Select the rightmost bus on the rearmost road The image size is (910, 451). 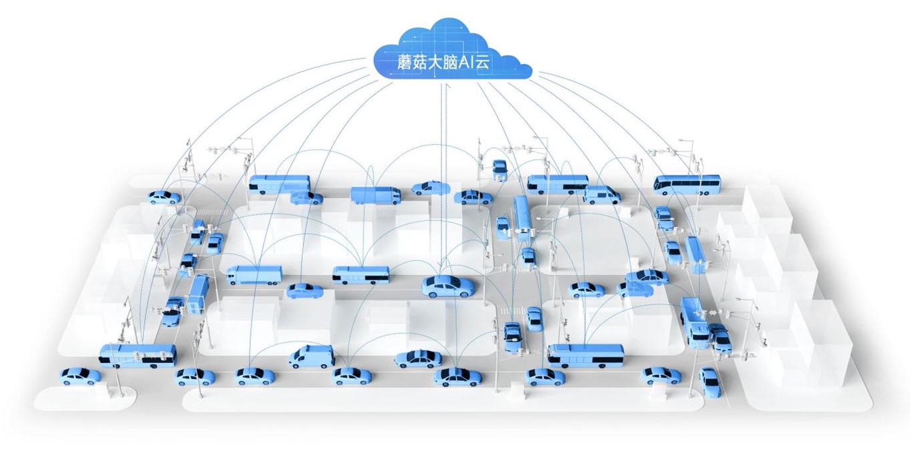click(687, 183)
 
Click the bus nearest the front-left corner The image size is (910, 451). click(138, 355)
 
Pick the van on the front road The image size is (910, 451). click(311, 356)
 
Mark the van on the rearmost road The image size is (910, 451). click(601, 194)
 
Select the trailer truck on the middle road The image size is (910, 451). click(254, 275)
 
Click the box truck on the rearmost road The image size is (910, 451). click(375, 194)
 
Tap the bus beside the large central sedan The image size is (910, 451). click(360, 274)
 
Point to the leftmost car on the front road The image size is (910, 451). click(80, 376)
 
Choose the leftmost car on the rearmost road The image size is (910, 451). click(163, 197)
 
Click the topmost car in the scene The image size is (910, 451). click(499, 168)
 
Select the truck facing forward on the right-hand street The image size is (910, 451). click(694, 322)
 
